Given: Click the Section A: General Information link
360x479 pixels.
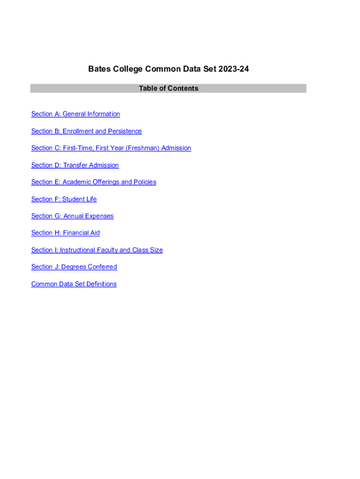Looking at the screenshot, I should pyautogui.click(x=75, y=114).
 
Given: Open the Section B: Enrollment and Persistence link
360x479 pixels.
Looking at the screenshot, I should pyautogui.click(x=86, y=131).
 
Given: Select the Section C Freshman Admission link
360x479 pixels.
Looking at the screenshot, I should pyautogui.click(x=111, y=148).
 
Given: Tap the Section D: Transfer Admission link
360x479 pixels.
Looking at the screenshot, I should pyautogui.click(x=75, y=165).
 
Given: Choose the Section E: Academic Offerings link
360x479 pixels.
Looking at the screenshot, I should pyautogui.click(x=94, y=182).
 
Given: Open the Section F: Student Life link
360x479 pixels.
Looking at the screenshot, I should pyautogui.click(x=64, y=199).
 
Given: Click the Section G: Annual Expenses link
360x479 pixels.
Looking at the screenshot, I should pyautogui.click(x=72, y=216).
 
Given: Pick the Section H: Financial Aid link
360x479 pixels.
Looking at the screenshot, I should pyautogui.click(x=65, y=233).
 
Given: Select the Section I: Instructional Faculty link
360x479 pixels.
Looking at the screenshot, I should pyautogui.click(x=97, y=250).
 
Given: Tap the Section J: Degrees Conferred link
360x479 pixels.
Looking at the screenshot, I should pyautogui.click(x=74, y=267).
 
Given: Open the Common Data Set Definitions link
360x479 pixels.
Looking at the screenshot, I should pyautogui.click(x=74, y=284).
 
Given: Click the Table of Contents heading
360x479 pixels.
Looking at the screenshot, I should pyautogui.click(x=168, y=88).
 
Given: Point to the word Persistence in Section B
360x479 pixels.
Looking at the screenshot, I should pyautogui.click(x=125, y=131).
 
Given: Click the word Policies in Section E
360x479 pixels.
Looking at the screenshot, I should pyautogui.click(x=145, y=182).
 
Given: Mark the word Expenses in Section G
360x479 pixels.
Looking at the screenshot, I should pyautogui.click(x=99, y=216).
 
